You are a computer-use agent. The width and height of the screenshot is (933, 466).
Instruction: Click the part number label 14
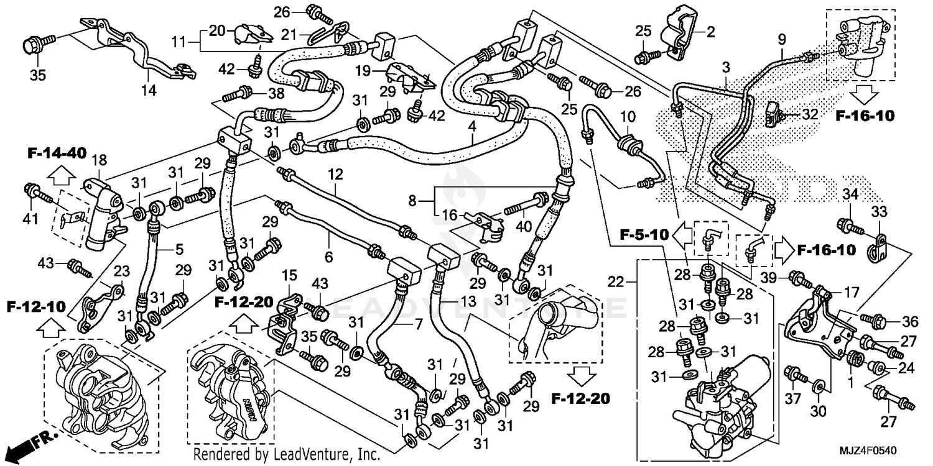pos(149,90)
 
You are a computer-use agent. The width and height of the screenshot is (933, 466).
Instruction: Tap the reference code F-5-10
pos(644,235)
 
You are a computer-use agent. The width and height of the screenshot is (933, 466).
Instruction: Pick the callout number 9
pos(782,39)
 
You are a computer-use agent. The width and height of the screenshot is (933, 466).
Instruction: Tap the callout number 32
pos(809,114)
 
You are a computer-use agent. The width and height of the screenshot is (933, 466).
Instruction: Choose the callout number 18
pos(99,160)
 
